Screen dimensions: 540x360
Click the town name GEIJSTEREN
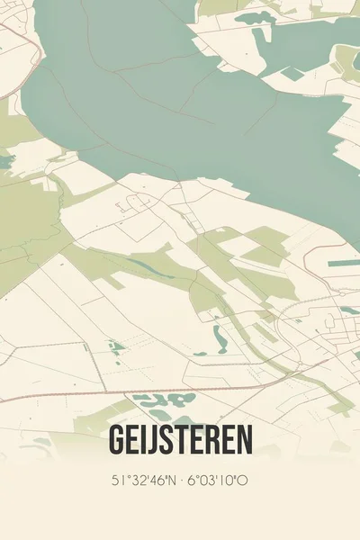pos(180,440)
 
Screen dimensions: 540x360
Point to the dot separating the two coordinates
pos(181,481)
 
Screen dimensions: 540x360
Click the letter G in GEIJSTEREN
pos(117,440)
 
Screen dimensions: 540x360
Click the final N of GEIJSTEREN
pos(244,440)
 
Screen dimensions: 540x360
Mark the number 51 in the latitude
pos(118,481)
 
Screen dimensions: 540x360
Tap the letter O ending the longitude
pos(243,481)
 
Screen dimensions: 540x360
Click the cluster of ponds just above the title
pos(162,401)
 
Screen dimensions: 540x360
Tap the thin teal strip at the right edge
pos(344,264)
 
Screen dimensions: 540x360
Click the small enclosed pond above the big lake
pos(256,18)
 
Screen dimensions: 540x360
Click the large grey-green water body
pos(180,99)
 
